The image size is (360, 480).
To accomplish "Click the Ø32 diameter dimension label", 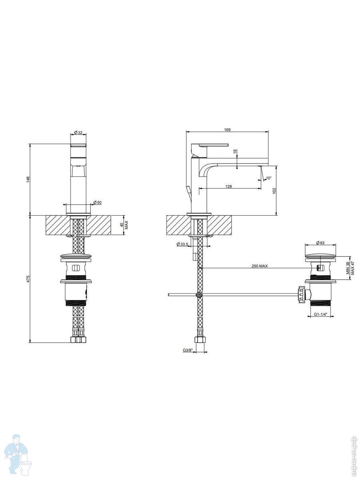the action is [78, 132].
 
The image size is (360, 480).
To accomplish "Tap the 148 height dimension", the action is [28, 180].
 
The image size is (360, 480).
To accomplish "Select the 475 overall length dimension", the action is [28, 279].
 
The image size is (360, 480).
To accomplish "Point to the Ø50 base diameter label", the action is [97, 202].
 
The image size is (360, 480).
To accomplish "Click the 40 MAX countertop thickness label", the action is [124, 225].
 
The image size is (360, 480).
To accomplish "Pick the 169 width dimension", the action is [227, 130].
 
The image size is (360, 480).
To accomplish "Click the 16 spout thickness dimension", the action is [235, 151].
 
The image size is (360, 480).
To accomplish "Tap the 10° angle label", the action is [269, 178].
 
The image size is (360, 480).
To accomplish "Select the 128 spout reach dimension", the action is [229, 186].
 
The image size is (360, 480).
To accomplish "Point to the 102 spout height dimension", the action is [274, 190].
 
